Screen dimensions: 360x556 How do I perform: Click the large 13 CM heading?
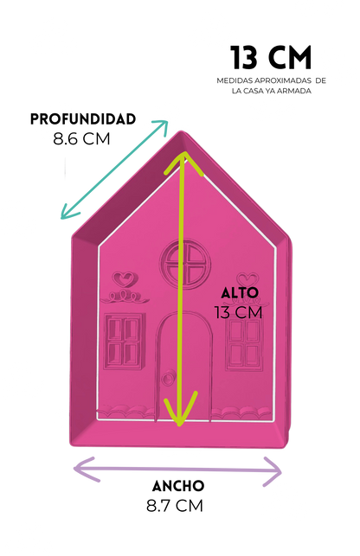click(271, 57)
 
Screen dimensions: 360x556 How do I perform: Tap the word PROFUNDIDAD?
click(83, 119)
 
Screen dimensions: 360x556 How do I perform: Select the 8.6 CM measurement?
click(81, 138)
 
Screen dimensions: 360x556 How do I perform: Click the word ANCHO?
click(178, 486)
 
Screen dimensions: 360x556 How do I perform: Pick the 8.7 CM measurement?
click(175, 506)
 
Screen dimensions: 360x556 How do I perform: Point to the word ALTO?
click(240, 293)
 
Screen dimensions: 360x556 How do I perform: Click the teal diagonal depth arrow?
click(114, 169)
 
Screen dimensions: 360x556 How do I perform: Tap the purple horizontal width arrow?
click(177, 471)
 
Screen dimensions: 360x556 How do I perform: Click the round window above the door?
click(186, 263)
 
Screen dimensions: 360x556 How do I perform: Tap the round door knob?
click(168, 378)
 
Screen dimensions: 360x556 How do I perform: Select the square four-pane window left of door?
click(125, 341)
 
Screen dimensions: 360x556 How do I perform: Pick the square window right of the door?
click(244, 343)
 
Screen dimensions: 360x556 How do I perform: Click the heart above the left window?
click(123, 278)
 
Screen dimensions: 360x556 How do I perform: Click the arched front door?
click(184, 367)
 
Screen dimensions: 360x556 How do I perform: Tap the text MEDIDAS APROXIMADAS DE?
click(271, 80)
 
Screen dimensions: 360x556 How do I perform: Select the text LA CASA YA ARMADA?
click(272, 91)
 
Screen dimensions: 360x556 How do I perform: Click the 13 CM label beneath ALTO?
click(239, 313)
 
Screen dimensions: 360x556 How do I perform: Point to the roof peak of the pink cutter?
click(182, 132)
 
